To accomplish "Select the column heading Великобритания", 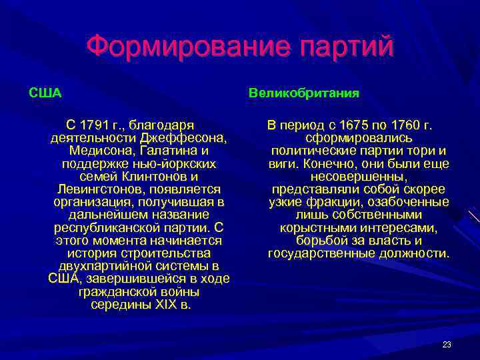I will [304, 93].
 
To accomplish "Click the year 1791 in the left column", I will [93, 125].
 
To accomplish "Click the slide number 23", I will [447, 345].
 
